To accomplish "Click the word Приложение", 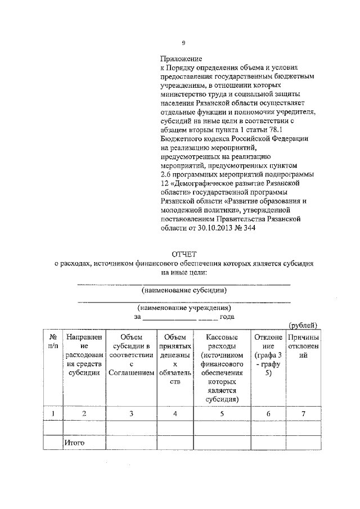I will [181, 58].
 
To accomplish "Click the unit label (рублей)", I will [303, 325].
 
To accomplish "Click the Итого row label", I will [74, 443].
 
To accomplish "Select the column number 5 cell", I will [222, 414].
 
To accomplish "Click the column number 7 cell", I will [303, 414].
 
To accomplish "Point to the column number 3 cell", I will [130, 414].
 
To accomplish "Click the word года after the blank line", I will [227, 317].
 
